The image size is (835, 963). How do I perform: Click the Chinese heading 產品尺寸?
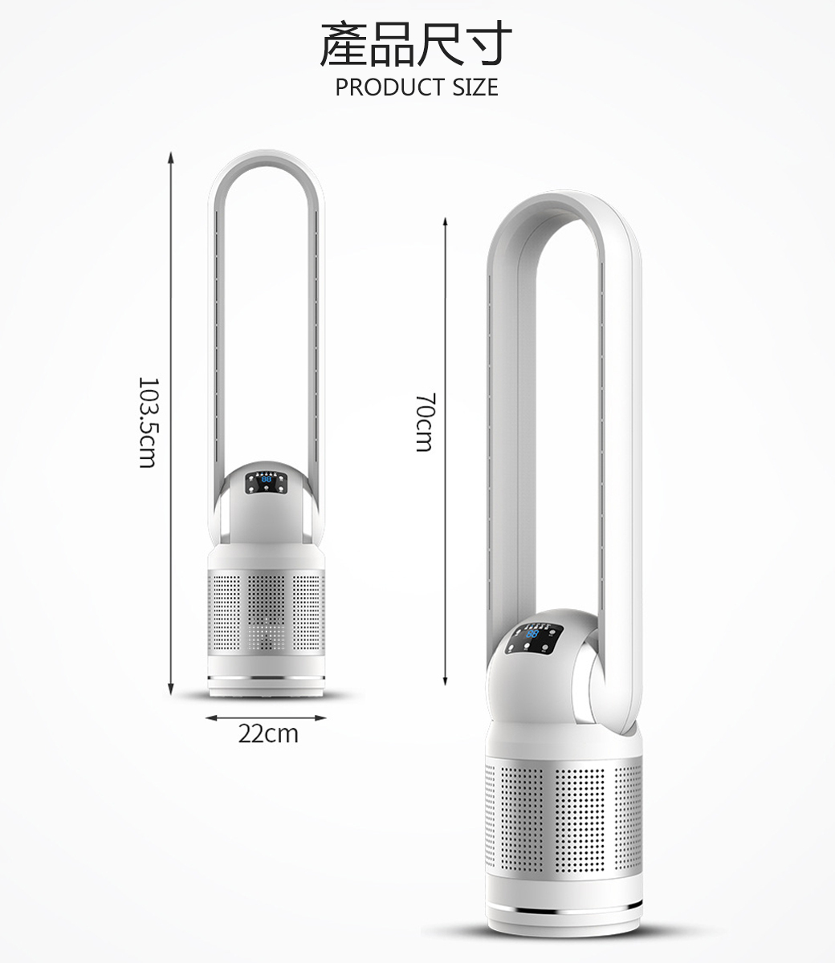[415, 43]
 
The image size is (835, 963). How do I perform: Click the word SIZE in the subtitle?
[475, 87]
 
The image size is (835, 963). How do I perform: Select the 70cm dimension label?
[426, 423]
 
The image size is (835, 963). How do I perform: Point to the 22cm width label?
[268, 733]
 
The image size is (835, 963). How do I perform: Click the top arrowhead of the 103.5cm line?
[171, 157]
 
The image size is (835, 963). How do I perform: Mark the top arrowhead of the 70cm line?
[446, 222]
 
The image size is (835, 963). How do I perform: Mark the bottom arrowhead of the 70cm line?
[446, 681]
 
